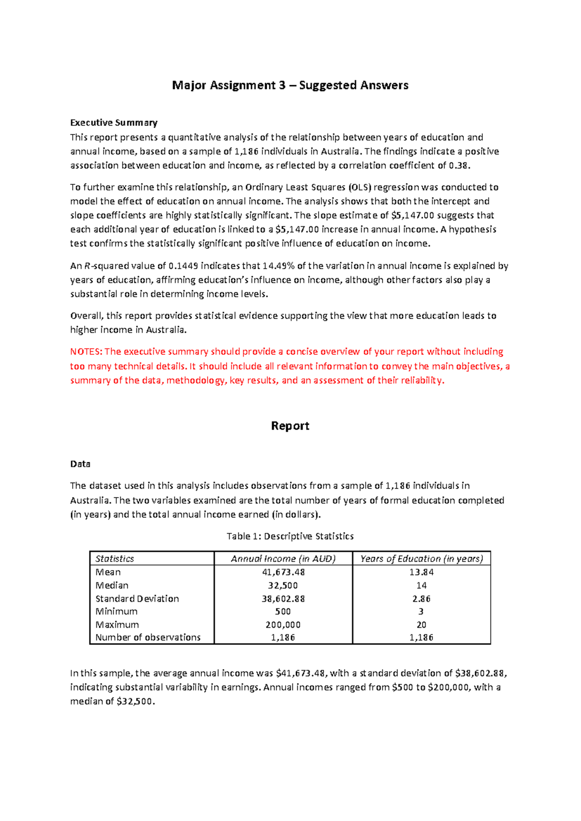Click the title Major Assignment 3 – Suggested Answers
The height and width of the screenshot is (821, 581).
point(290,86)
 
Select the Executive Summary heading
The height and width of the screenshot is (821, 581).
point(114,122)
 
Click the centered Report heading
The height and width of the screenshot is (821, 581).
point(290,426)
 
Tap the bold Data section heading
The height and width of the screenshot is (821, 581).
point(80,464)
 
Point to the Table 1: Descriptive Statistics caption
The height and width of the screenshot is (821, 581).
point(290,536)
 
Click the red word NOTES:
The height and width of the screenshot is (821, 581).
point(86,352)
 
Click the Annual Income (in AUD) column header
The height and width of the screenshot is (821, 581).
point(283,559)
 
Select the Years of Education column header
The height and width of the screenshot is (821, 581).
point(421,559)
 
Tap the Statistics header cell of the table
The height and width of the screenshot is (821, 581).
point(115,559)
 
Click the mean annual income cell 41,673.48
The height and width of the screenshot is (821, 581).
point(283,572)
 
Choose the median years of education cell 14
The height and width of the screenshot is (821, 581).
point(421,585)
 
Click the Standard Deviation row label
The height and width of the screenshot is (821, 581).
point(137,599)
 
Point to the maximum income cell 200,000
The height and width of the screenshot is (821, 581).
point(283,625)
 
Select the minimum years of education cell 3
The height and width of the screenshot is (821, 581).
point(421,611)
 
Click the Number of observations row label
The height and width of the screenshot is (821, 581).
point(148,638)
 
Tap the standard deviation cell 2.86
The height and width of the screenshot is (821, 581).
point(421,599)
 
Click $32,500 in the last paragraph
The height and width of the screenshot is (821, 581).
point(136,701)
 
